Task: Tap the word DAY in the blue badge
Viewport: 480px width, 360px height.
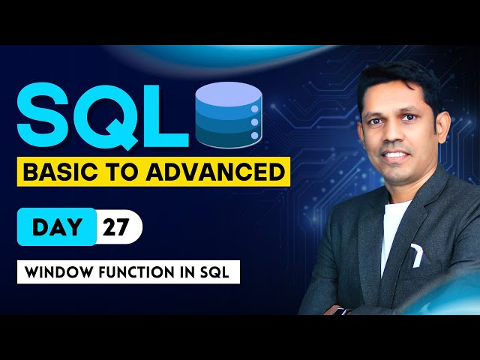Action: click(57, 226)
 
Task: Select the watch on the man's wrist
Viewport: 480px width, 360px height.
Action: click(339, 308)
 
